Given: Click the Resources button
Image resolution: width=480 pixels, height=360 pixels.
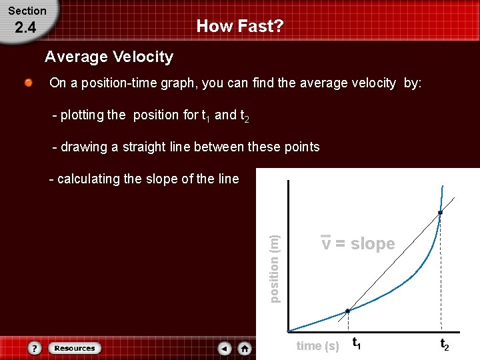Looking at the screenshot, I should [75, 348].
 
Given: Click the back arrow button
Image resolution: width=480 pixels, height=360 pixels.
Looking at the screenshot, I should [225, 348].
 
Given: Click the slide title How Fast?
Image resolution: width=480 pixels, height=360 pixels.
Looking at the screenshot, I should [240, 27].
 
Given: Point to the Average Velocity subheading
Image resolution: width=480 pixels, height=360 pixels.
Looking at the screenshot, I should [109, 57].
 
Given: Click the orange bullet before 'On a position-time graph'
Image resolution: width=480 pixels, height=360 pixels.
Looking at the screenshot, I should [29, 83].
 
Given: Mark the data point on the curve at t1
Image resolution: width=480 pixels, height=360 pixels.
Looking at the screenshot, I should [347, 311].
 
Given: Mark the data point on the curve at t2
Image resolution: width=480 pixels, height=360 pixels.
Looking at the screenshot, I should [440, 213].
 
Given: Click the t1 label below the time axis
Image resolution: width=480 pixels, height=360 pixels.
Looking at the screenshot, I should [357, 345].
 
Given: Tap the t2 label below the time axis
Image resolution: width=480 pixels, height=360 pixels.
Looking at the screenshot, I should [445, 345].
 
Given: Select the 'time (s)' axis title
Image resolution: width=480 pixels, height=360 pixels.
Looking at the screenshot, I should [317, 345].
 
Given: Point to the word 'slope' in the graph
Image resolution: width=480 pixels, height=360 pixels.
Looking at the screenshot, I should [373, 244].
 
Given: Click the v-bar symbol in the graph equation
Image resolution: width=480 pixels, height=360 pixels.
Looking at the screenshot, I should [325, 243].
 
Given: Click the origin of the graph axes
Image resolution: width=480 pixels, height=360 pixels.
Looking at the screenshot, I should [288, 331].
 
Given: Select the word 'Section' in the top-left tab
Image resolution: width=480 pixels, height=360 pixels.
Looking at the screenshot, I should [27, 11].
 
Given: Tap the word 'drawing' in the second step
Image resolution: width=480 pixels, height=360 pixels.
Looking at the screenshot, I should [83, 147].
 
